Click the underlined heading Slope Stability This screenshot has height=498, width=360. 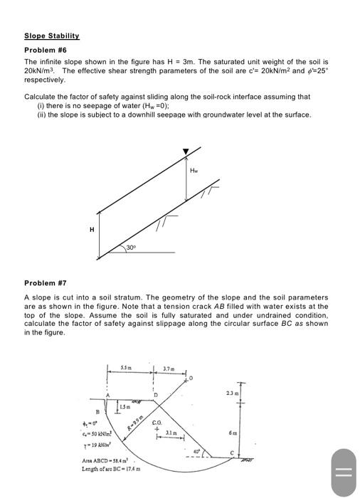point(52,36)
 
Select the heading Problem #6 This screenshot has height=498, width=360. point(44,50)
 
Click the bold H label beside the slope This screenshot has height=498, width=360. point(91,229)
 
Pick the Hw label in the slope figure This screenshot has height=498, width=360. point(194,170)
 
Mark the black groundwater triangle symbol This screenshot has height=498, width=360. point(186,151)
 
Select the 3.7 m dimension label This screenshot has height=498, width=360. point(169,367)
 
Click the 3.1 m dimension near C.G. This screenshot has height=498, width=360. point(170,433)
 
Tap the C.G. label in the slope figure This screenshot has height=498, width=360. point(158,423)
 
